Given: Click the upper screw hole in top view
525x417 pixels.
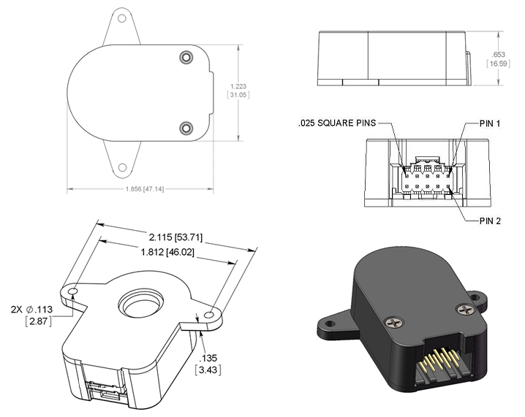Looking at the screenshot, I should [186, 58].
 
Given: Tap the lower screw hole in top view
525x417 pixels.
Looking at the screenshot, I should [186, 129].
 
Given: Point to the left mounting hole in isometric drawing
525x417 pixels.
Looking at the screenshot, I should [75, 292].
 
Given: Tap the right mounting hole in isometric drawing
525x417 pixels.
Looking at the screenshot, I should [211, 315].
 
